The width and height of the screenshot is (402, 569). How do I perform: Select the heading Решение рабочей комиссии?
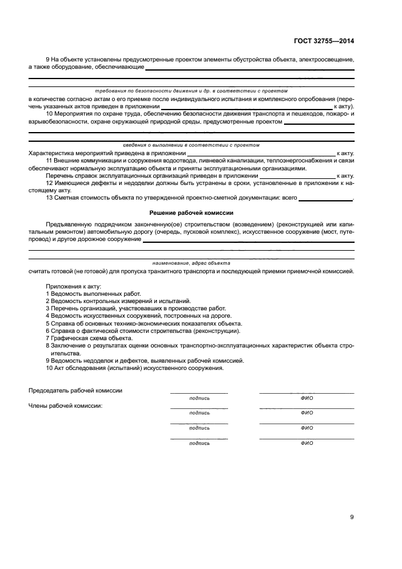click(192, 213)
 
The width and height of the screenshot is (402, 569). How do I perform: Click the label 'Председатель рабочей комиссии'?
click(75, 391)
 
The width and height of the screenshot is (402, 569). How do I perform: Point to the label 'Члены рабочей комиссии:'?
click(65, 405)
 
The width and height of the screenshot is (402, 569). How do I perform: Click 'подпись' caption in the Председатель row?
click(199, 398)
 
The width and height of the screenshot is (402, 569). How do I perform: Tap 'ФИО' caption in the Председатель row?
click(307, 398)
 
